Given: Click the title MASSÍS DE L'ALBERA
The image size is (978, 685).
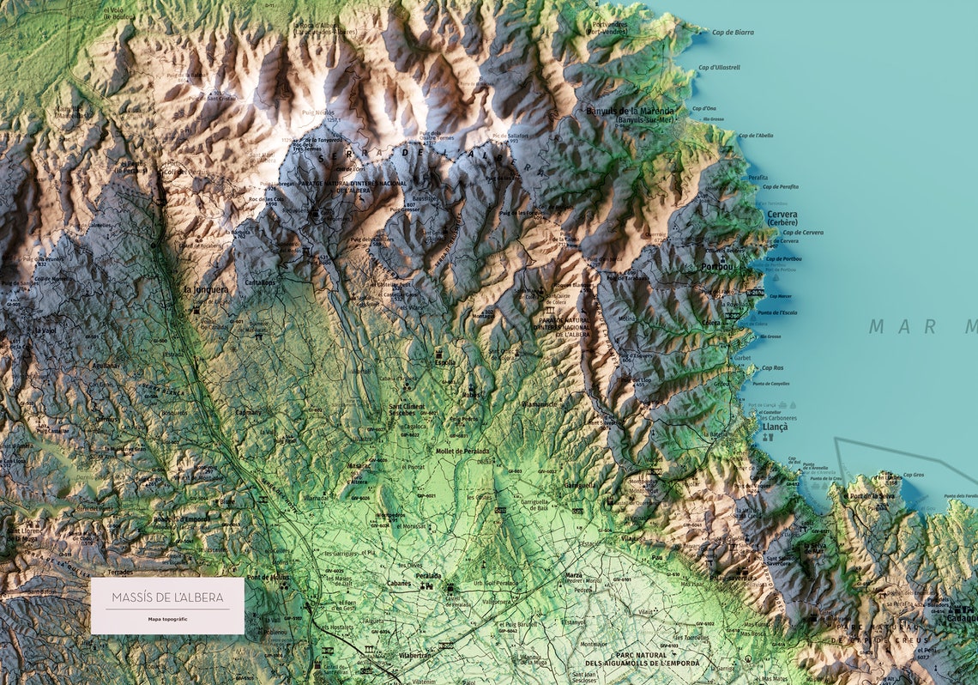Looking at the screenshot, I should [167, 597].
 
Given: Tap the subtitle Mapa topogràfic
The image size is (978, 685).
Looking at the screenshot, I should [167, 619].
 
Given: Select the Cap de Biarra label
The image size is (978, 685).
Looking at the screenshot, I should [733, 33].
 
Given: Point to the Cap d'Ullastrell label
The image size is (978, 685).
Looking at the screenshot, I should [719, 67].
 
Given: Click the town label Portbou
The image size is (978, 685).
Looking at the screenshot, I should [717, 266].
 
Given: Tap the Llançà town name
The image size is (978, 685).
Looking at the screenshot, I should [775, 426].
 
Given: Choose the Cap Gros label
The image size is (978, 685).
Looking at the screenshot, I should [914, 475].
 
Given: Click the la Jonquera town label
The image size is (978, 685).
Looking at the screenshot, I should [206, 289].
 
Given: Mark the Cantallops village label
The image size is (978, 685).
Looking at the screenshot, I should [261, 282].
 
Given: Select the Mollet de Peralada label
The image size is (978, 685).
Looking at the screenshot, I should [462, 451].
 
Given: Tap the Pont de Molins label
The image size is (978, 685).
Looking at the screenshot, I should [268, 578].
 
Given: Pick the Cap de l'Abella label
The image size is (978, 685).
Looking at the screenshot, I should [755, 136].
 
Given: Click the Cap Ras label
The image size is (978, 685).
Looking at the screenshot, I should [772, 367].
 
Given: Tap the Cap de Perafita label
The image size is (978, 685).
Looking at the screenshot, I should [779, 186].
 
